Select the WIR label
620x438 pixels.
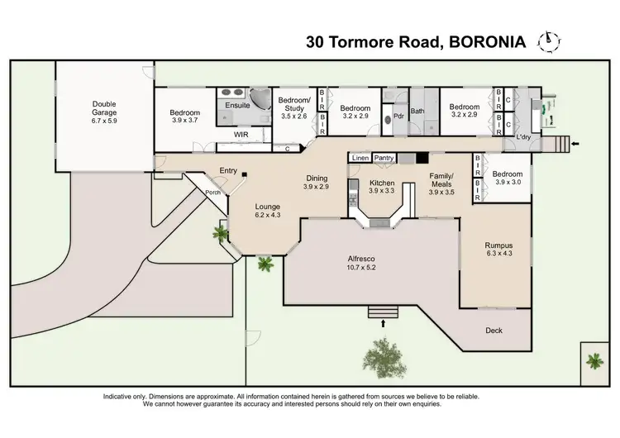[x=241, y=133]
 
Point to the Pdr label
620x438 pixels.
[x=397, y=117]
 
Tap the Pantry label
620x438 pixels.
[x=384, y=157]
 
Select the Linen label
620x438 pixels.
[x=360, y=157]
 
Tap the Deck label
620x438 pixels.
[x=494, y=331]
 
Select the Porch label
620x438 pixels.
[x=212, y=193]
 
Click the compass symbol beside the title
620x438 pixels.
[x=546, y=40]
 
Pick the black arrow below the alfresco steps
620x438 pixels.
[x=383, y=324]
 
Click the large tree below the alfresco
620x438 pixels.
[x=382, y=356]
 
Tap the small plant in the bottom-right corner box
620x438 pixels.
[x=594, y=359]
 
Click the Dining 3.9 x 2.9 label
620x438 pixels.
[x=317, y=183]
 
